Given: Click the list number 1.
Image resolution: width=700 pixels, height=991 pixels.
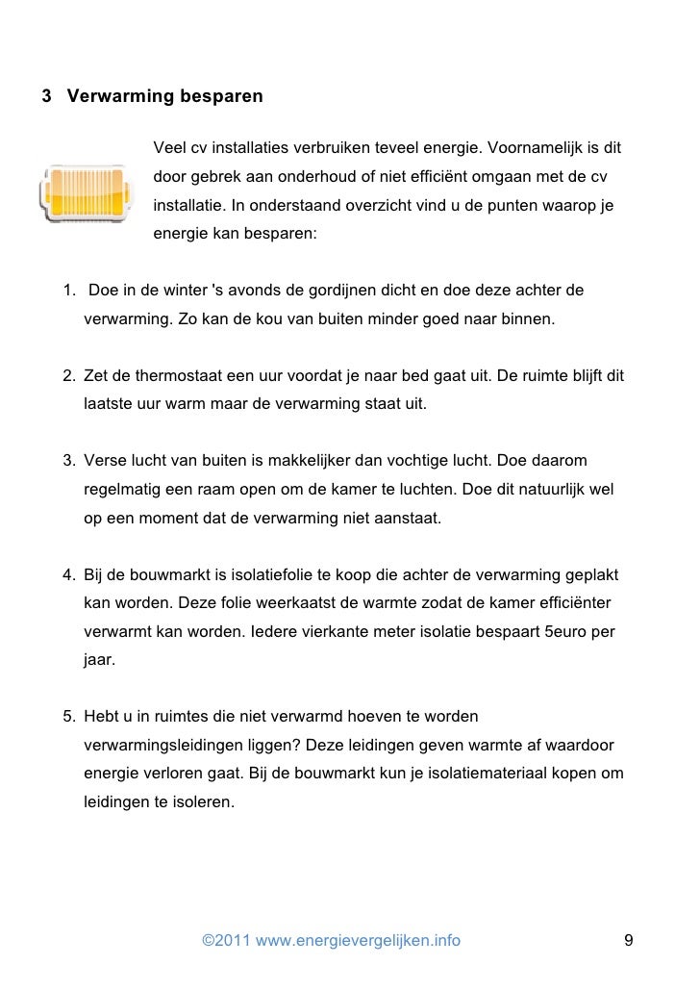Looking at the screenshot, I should click(68, 291).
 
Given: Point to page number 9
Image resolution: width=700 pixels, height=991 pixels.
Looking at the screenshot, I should click(629, 940).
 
